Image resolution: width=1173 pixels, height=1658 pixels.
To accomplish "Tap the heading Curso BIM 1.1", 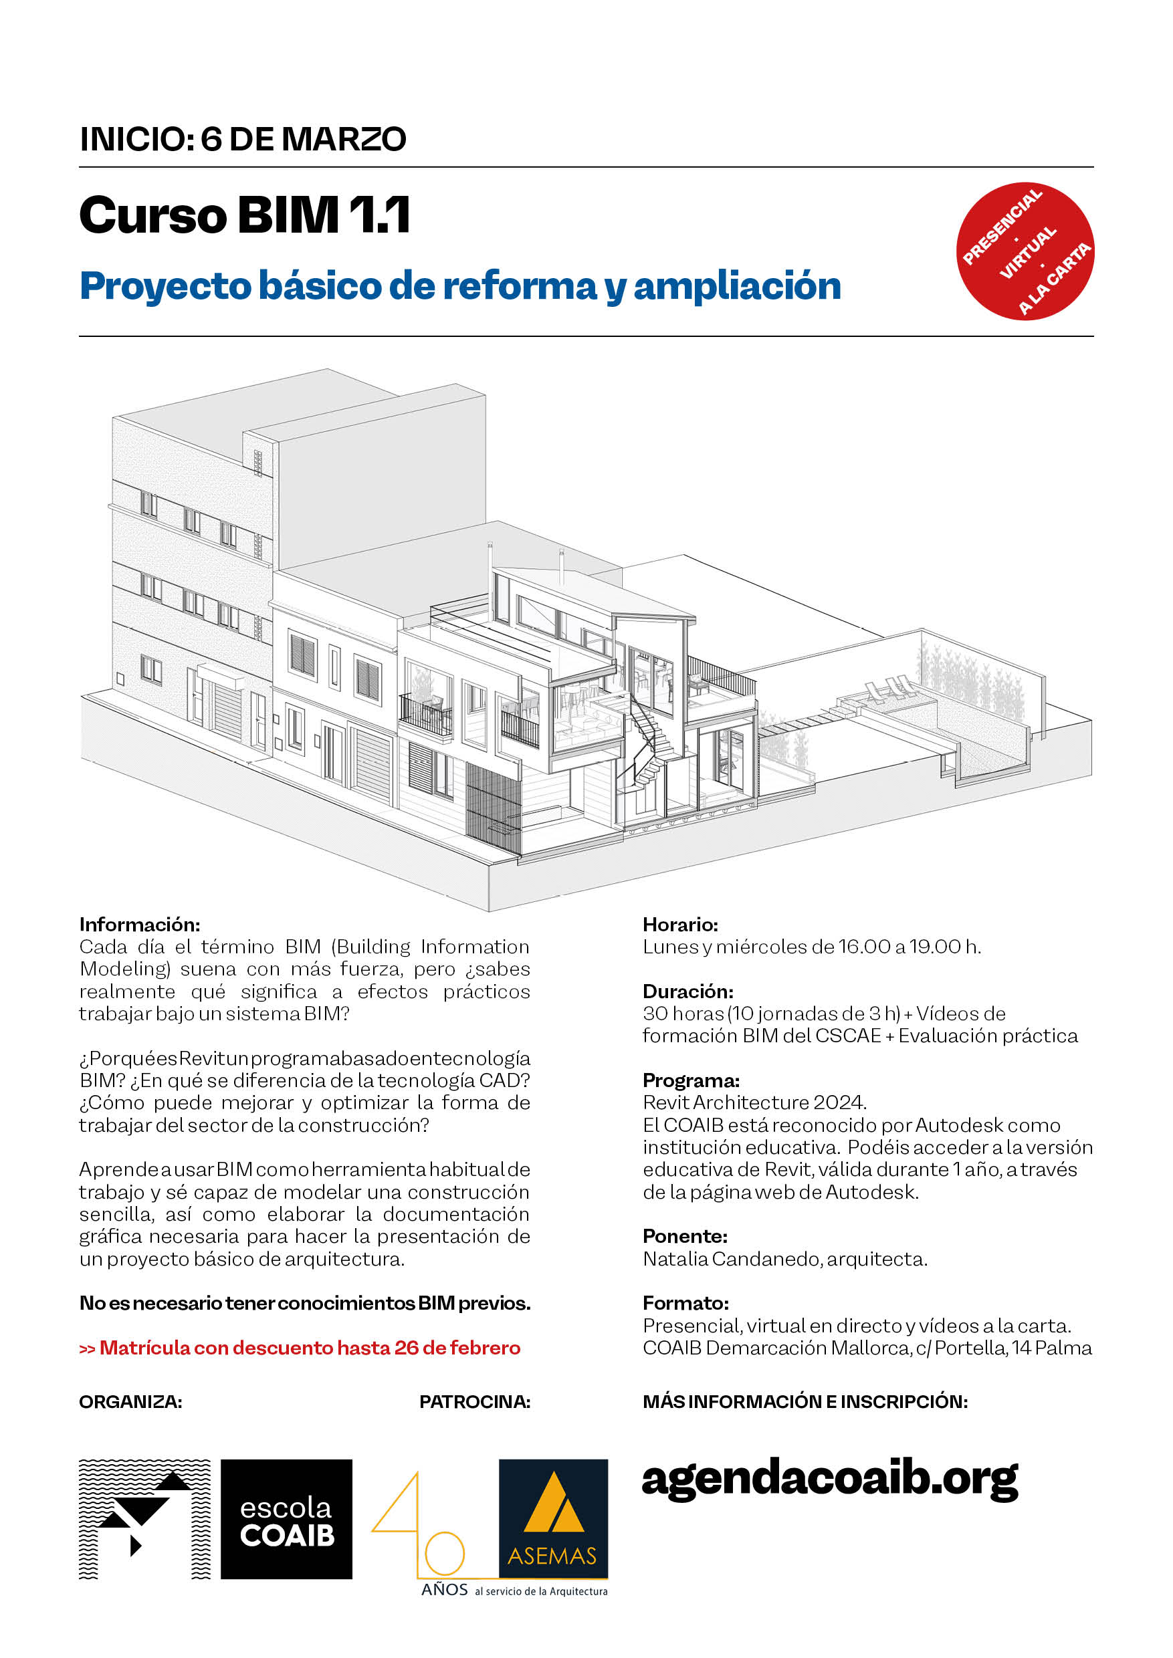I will click(245, 215).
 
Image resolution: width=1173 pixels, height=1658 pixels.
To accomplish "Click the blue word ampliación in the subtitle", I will click(737, 286).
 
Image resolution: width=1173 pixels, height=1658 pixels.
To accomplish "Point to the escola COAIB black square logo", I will click(286, 1519).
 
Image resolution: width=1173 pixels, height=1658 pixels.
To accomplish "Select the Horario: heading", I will click(679, 925).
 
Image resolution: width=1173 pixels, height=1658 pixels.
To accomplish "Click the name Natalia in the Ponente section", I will click(675, 1259).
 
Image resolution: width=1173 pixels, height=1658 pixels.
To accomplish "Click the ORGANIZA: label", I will click(130, 1402).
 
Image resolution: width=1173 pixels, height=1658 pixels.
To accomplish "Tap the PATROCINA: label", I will click(475, 1402).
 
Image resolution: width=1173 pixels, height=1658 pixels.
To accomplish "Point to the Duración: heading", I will click(687, 991).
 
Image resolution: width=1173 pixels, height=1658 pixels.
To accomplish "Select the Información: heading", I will click(139, 925).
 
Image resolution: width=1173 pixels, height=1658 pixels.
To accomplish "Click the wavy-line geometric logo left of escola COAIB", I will click(144, 1519).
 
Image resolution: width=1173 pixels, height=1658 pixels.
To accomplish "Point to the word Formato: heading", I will click(685, 1303).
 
